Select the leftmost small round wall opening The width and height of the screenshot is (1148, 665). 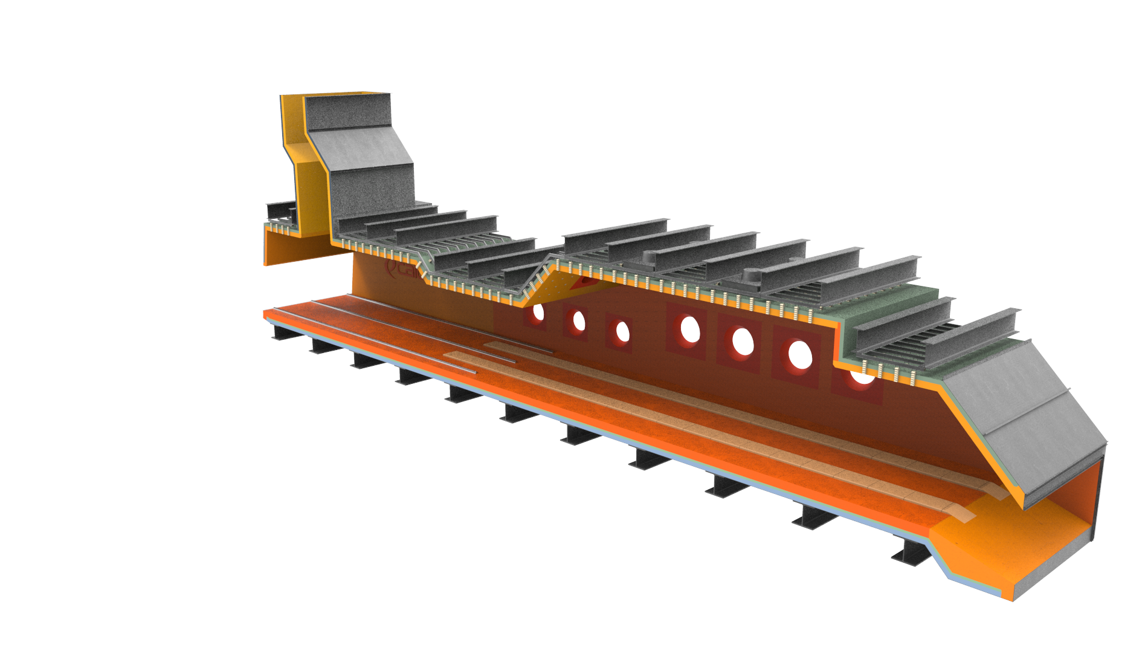(x=537, y=313)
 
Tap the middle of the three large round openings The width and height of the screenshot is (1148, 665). (x=743, y=342)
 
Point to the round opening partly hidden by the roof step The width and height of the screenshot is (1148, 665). (x=862, y=378)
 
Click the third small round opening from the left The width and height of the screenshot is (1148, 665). (x=622, y=331)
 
